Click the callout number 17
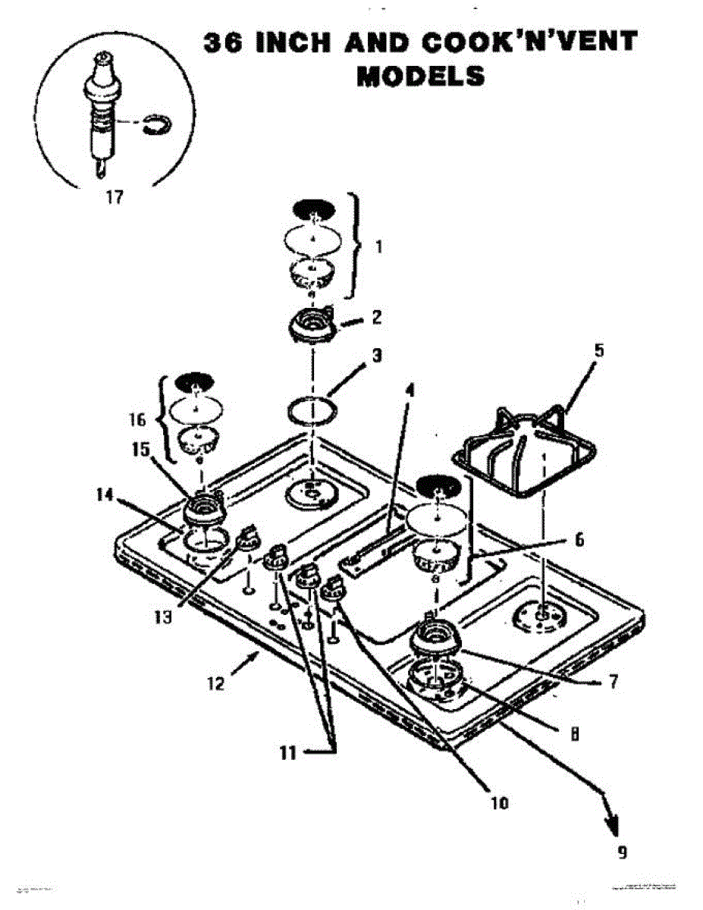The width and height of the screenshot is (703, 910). [113, 198]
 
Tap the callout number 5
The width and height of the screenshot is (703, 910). [599, 352]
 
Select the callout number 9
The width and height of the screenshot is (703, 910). [621, 851]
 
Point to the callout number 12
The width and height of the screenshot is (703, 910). [215, 683]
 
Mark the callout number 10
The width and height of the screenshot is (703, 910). [500, 801]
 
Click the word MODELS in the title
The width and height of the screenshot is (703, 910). [420, 76]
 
